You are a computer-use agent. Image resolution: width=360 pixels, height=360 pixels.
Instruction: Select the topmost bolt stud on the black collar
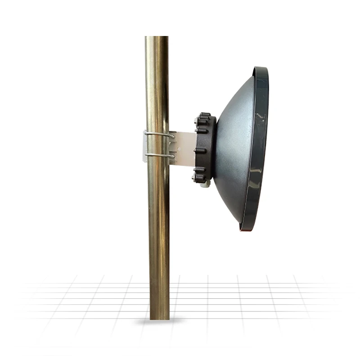[205, 114]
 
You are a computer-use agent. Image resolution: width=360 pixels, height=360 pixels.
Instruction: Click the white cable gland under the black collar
[205, 185]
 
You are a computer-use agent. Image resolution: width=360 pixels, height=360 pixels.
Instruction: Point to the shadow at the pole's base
[160, 321]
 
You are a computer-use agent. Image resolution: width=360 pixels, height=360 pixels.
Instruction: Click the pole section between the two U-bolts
[157, 144]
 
